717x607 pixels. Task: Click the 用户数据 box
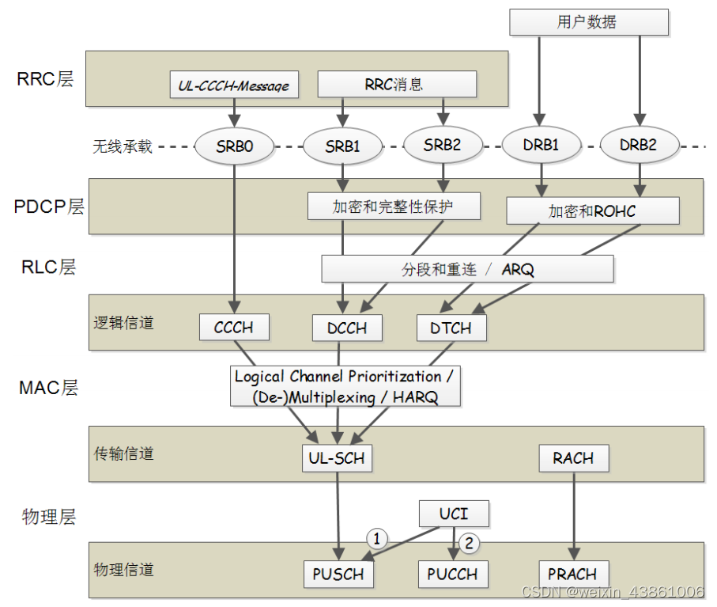click(x=588, y=22)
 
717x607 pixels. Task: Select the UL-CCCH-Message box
click(x=235, y=85)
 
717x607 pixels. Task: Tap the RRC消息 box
click(x=396, y=84)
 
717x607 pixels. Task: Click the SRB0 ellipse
click(x=235, y=146)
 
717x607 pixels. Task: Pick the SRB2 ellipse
click(x=442, y=145)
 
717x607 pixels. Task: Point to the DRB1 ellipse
click(x=541, y=146)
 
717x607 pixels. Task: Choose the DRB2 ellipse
click(x=639, y=146)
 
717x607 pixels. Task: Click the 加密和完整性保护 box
click(x=393, y=207)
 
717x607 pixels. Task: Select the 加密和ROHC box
click(x=592, y=211)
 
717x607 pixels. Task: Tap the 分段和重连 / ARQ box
click(x=467, y=269)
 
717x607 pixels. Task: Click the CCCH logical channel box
click(x=234, y=327)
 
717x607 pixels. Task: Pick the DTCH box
click(x=451, y=327)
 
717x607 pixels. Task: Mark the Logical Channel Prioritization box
click(x=346, y=386)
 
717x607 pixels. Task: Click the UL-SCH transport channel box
click(x=337, y=458)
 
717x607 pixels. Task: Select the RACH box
click(x=574, y=458)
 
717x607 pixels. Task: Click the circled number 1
click(x=378, y=539)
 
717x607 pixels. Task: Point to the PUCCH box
click(x=452, y=574)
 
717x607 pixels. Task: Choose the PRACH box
click(x=573, y=574)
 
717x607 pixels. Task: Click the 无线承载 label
click(x=123, y=146)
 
